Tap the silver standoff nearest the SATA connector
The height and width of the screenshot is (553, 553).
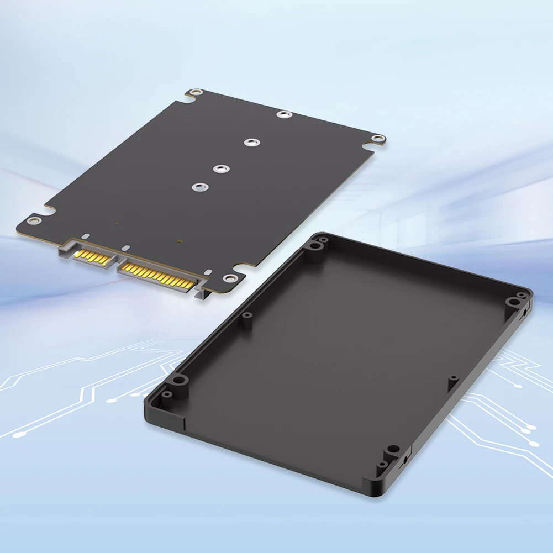[x=197, y=187]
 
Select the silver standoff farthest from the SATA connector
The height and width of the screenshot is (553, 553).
[x=285, y=114]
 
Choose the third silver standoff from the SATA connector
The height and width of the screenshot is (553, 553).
[x=251, y=142]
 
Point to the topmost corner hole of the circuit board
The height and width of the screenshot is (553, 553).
[x=194, y=93]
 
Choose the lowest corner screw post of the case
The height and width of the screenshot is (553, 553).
[x=393, y=450]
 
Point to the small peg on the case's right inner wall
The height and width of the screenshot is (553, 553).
[x=453, y=379]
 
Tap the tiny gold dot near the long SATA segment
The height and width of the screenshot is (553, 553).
[x=180, y=241]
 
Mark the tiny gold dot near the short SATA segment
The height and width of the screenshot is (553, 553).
[x=117, y=224]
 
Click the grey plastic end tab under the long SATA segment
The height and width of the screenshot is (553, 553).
[x=204, y=292]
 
